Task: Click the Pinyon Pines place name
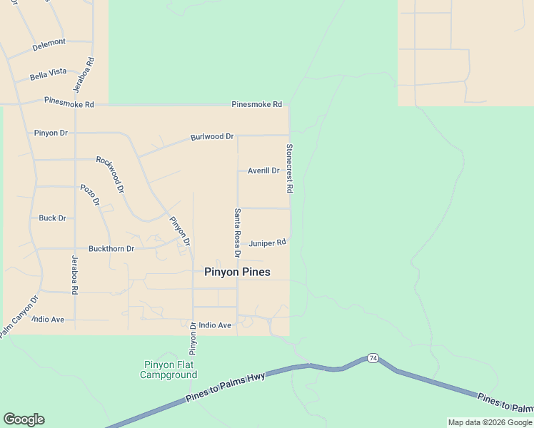click(x=237, y=272)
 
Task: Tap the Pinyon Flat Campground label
click(x=168, y=370)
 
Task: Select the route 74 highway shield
click(x=373, y=357)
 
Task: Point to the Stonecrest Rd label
click(x=290, y=169)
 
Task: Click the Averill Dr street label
click(x=263, y=170)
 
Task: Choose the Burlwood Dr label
click(x=212, y=136)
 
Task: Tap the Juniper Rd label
click(x=268, y=243)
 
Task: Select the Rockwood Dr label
click(x=110, y=175)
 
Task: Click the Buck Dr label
click(x=52, y=218)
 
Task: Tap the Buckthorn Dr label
click(x=111, y=249)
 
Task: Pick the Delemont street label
click(x=49, y=42)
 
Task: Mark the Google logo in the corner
click(x=24, y=419)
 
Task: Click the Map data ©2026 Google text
click(x=490, y=422)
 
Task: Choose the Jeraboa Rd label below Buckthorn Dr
click(x=74, y=275)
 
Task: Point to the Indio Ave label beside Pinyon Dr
click(x=215, y=325)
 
